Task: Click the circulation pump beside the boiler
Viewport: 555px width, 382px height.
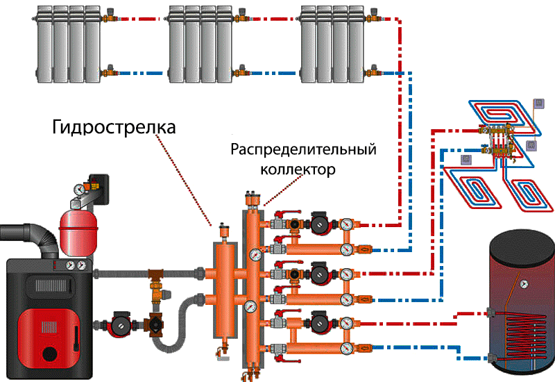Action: tap(114, 324)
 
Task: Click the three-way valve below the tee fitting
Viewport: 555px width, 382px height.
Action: tap(153, 324)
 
